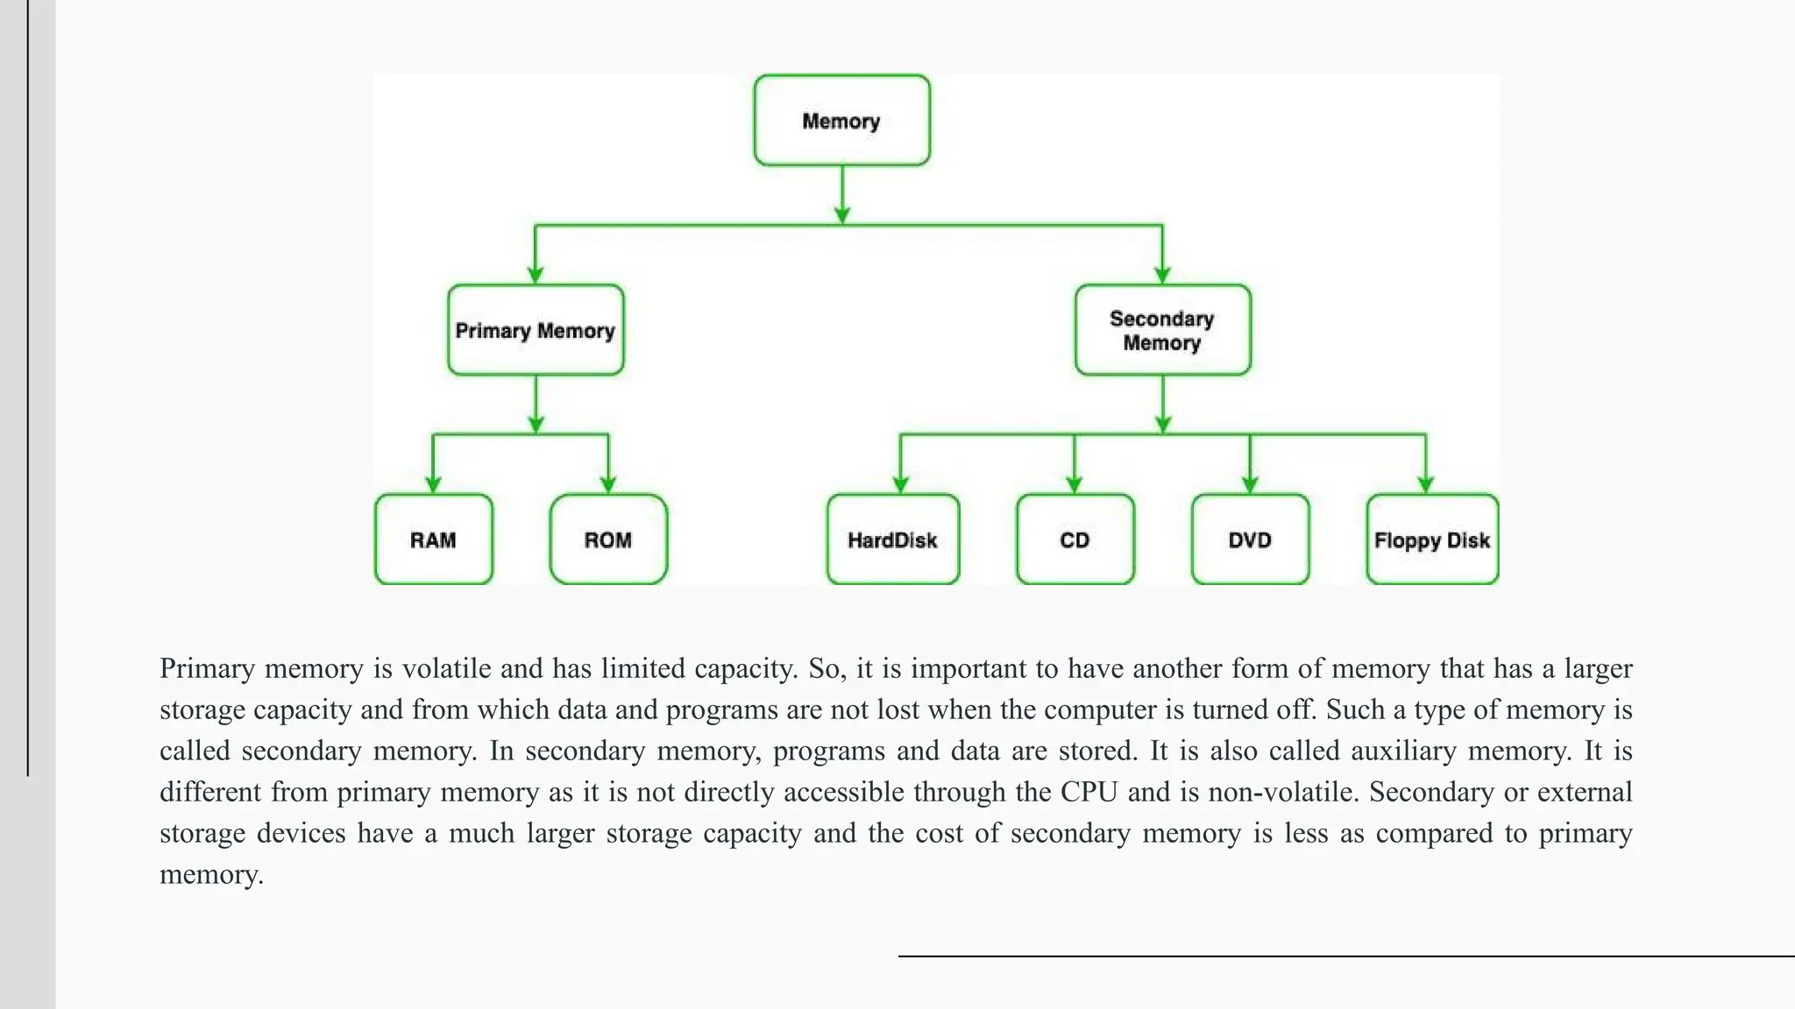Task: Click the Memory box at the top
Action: [841, 120]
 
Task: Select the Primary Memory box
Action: [536, 330]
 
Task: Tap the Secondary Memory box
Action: [1162, 330]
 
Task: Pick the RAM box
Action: [433, 540]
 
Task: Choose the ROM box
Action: [608, 540]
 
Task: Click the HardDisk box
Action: [892, 540]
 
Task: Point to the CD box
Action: [1075, 540]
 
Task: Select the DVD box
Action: [1250, 540]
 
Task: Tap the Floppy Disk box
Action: [1432, 540]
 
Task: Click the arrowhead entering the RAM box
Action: [433, 484]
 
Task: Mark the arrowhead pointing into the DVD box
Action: [1250, 484]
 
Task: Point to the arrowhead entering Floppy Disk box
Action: [1425, 484]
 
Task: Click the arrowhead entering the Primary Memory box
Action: [536, 274]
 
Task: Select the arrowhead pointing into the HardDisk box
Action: [900, 484]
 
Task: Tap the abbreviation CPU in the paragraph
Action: [1089, 792]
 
